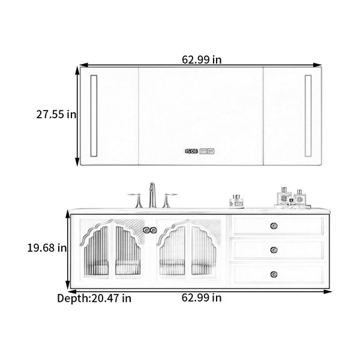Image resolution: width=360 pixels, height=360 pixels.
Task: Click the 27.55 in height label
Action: click(x=56, y=114)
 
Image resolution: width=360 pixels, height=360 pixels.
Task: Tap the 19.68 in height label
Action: click(x=47, y=248)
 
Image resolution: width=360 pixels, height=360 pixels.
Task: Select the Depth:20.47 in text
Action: click(x=94, y=298)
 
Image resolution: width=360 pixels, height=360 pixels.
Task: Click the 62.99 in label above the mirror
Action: click(x=202, y=59)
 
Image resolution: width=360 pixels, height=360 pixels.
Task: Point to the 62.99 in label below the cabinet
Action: click(x=202, y=298)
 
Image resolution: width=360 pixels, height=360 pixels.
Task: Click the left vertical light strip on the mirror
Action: click(x=94, y=116)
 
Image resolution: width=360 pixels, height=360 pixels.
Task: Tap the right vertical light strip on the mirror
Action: click(x=308, y=116)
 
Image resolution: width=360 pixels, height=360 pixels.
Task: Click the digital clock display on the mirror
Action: click(x=191, y=151)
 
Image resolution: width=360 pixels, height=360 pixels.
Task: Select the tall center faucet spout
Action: click(x=152, y=195)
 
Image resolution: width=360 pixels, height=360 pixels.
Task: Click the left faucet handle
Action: click(x=137, y=200)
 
